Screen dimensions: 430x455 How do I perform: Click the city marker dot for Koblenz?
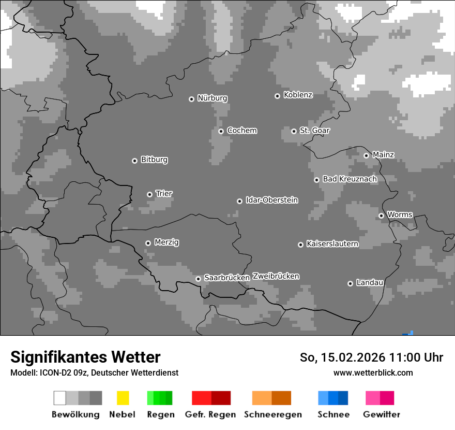point(277,96)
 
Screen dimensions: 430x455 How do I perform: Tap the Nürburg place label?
point(212,98)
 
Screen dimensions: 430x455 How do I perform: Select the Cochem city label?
point(241,131)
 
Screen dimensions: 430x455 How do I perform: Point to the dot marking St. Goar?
point(294,131)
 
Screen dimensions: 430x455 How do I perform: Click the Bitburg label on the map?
point(154,160)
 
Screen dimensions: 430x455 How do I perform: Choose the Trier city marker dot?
point(149,194)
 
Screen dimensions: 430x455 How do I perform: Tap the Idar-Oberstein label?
point(271,200)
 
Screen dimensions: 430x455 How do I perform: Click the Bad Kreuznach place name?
point(350,179)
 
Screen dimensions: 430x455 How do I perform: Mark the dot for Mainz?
point(366,155)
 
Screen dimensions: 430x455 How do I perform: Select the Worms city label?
point(400,214)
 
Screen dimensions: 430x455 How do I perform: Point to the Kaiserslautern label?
point(332,243)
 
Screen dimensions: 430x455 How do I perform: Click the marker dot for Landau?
point(350,283)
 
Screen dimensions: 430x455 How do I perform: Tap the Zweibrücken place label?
point(276,276)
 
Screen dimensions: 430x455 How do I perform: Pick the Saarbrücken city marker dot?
point(198,279)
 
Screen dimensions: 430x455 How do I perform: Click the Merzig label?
point(166,242)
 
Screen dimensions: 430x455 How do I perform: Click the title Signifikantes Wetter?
point(85,357)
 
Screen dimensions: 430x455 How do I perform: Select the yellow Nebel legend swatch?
point(123,398)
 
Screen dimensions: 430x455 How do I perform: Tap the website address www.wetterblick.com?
point(373,373)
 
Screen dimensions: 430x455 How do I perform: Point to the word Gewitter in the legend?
point(382,414)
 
